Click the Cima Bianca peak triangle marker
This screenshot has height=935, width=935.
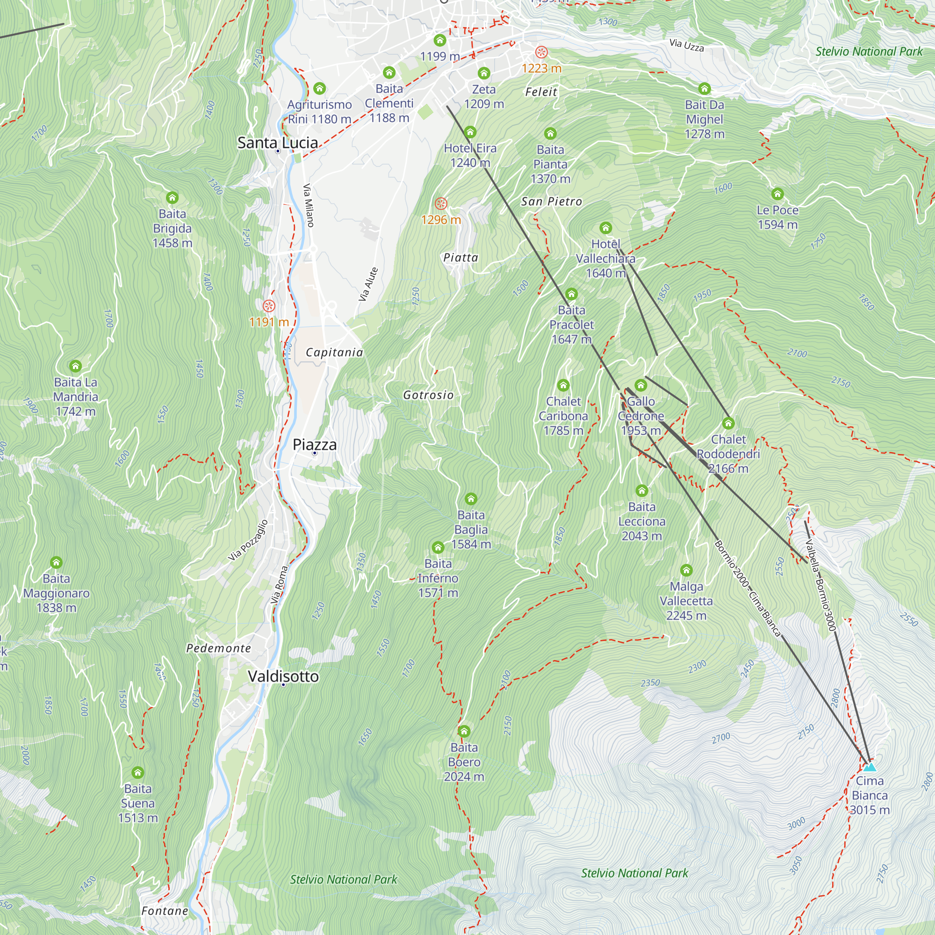click(x=870, y=767)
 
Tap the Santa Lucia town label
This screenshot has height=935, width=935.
click(x=277, y=142)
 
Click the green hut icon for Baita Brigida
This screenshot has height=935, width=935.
click(x=173, y=197)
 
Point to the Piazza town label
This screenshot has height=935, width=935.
click(x=315, y=444)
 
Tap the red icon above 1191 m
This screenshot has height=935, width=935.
click(x=269, y=305)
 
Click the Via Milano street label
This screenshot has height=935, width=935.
click(x=309, y=205)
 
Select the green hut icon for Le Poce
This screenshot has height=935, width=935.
click(x=777, y=194)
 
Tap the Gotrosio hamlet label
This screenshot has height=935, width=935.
click(x=428, y=395)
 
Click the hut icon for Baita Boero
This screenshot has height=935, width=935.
click(x=464, y=731)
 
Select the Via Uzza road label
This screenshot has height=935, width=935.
click(x=686, y=45)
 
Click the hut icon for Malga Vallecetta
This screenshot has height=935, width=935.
click(x=686, y=569)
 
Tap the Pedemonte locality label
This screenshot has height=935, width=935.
click(x=219, y=648)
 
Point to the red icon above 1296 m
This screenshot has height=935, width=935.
click(x=440, y=203)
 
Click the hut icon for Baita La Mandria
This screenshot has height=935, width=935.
click(x=75, y=366)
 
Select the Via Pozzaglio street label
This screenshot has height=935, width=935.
click(x=248, y=540)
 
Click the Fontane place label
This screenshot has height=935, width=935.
click(x=165, y=910)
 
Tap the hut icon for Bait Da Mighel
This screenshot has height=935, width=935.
click(x=704, y=88)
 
